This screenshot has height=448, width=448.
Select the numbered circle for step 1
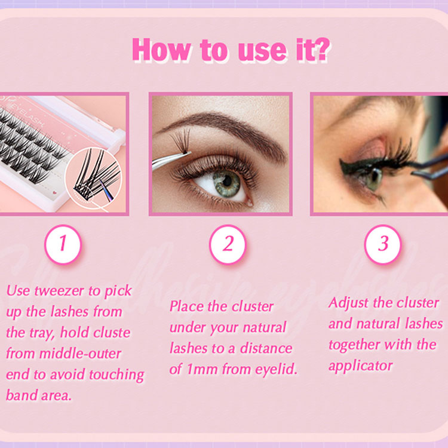[63, 244]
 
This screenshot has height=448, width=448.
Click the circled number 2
[228, 244]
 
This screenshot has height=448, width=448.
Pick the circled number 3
[383, 244]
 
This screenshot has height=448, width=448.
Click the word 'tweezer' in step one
[59, 291]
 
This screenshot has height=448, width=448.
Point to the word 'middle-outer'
[80, 354]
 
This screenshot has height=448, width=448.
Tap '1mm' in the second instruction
[202, 369]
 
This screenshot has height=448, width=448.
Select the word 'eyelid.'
[276, 369]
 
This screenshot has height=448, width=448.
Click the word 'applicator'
[361, 366]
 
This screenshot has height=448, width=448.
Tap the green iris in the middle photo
[227, 183]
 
